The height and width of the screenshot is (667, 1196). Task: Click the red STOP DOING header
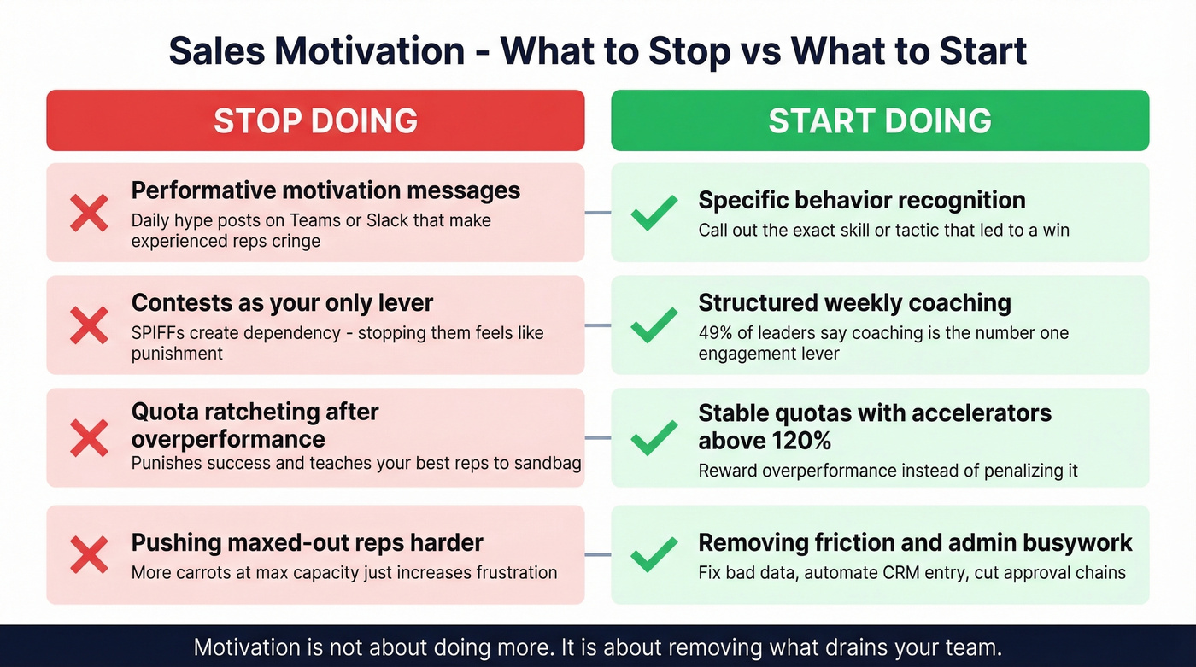(x=315, y=120)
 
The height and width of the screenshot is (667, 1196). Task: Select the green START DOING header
(x=880, y=120)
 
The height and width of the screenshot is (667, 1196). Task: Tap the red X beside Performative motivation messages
(x=89, y=213)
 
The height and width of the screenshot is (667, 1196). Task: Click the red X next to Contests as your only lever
(x=89, y=325)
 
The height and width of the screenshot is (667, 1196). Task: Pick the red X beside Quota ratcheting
(x=89, y=438)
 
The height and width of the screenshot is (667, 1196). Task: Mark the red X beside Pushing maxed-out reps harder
(x=89, y=554)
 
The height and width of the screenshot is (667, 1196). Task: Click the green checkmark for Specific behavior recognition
(x=654, y=213)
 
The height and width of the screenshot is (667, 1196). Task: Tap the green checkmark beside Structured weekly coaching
(x=654, y=325)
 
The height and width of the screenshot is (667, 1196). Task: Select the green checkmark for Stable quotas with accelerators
(x=654, y=438)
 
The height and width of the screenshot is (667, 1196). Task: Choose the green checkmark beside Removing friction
(x=654, y=554)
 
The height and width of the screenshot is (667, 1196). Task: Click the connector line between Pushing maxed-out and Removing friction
(x=598, y=554)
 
